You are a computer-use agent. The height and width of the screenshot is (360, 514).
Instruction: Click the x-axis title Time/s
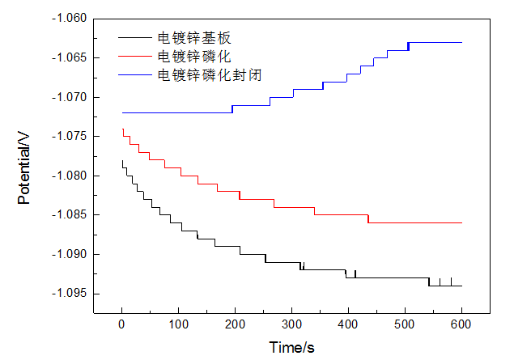tap(291, 347)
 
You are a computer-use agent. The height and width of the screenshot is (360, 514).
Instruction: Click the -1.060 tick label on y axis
tap(70, 19)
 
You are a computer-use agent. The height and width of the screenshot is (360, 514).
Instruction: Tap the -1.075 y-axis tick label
tap(70, 137)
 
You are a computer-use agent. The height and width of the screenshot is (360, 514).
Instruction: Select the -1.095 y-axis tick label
tap(70, 294)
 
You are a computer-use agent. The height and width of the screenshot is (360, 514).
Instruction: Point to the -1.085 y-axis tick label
tap(70, 215)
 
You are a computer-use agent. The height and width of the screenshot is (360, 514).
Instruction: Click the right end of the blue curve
tap(461, 42)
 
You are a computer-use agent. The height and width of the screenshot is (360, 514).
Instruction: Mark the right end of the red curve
tap(461, 222)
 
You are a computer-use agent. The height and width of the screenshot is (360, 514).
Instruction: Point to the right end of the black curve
tap(461, 286)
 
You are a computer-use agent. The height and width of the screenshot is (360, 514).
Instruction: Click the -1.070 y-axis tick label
tap(70, 97)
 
